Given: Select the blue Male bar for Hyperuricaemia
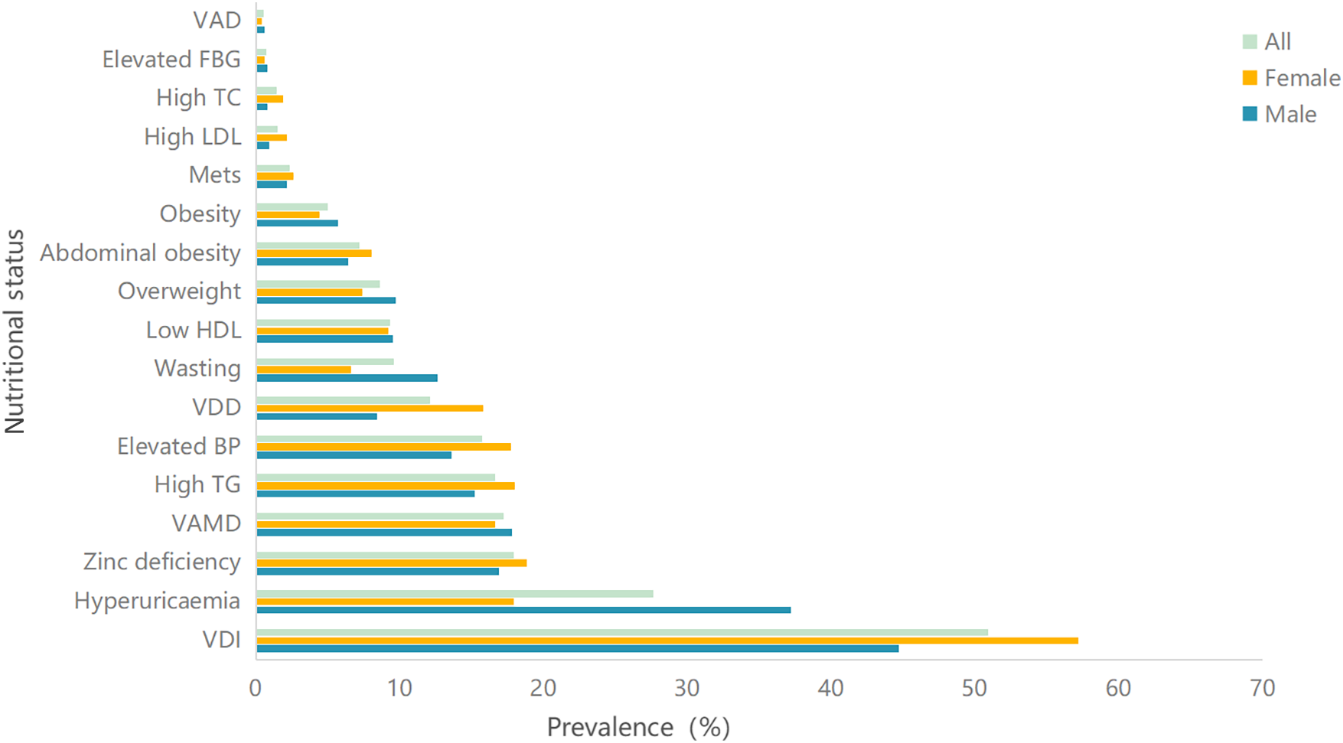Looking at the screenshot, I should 523,610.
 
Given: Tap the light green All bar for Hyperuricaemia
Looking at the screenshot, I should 455,594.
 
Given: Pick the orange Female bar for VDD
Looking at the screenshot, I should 370,408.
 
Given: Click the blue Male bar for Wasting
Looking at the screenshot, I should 347,378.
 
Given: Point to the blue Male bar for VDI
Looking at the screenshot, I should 577,649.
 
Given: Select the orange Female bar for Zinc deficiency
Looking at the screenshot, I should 391,563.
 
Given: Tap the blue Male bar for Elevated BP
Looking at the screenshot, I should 354,455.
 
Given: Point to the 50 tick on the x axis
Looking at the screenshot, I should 974,689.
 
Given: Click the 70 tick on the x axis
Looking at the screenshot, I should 1262,689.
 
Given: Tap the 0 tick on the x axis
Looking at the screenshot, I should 256,689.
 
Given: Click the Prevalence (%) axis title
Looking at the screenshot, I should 638,727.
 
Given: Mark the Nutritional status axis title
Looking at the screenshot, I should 15,331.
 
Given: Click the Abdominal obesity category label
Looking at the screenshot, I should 141,253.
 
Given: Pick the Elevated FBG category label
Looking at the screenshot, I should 171,60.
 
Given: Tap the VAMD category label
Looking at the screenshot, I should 206,523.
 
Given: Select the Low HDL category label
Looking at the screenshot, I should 194,330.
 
